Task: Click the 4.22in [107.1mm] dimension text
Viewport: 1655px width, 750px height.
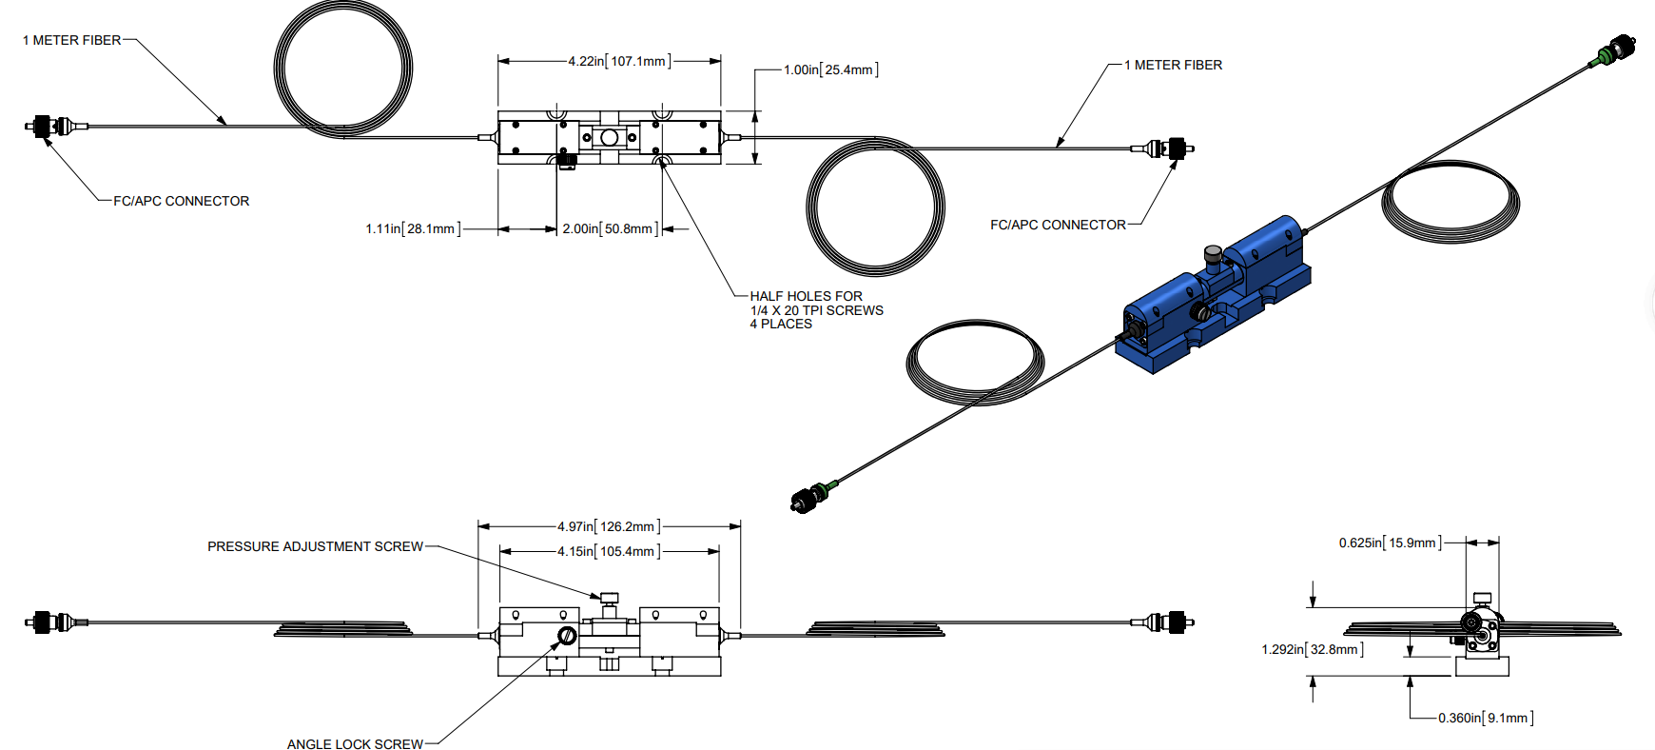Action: pyautogui.click(x=619, y=61)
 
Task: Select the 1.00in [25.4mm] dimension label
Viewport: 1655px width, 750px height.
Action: pyautogui.click(x=830, y=69)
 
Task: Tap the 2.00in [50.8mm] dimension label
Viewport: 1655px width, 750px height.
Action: pyautogui.click(x=610, y=228)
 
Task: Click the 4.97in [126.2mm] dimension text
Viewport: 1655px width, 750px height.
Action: pyautogui.click(x=609, y=526)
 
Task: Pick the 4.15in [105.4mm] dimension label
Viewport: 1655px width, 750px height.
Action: pyautogui.click(x=609, y=551)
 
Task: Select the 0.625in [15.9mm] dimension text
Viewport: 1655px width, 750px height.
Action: pyautogui.click(x=1390, y=543)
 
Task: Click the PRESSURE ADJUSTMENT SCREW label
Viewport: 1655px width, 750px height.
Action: pyautogui.click(x=315, y=546)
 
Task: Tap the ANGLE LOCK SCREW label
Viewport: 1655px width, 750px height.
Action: pyautogui.click(x=355, y=744)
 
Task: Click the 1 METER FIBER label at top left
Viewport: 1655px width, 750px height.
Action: pyautogui.click(x=72, y=40)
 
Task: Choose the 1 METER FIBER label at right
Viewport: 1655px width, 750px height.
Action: pyautogui.click(x=1174, y=65)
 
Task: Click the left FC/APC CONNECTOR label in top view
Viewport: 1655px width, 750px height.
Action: pyautogui.click(x=181, y=201)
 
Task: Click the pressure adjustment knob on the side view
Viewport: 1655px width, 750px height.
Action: pyautogui.click(x=610, y=598)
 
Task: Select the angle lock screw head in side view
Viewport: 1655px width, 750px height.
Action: pyautogui.click(x=567, y=636)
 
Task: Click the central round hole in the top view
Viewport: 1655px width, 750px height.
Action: pyautogui.click(x=610, y=138)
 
